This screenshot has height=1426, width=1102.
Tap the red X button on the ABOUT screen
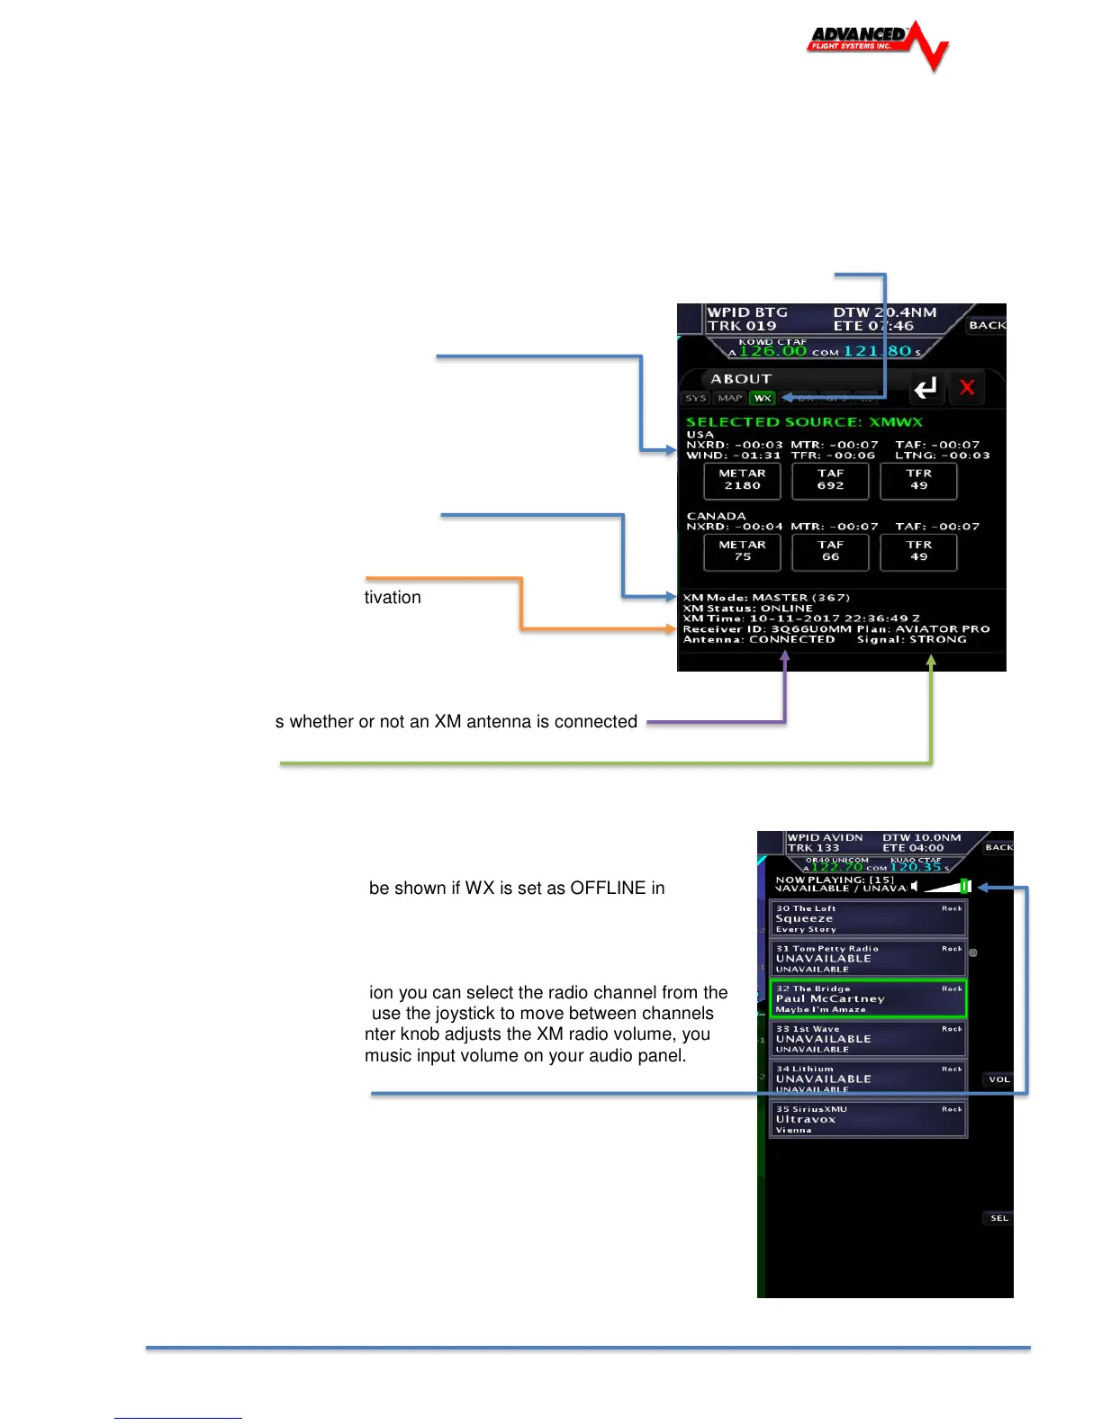967,388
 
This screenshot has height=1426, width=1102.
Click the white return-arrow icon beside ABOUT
926,388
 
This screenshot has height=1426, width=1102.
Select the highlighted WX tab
763,398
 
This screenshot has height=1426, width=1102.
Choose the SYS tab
696,398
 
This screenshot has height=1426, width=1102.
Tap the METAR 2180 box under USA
742,480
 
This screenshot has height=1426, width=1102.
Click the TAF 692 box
830,480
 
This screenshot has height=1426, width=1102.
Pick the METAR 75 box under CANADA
742,551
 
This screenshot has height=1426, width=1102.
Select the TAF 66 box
830,551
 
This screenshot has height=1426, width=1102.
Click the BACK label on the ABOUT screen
987,325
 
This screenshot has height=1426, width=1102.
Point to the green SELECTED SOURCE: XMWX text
804,421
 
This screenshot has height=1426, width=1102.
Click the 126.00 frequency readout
772,352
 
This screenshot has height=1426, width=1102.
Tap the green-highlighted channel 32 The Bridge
868,998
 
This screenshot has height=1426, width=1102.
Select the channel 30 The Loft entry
868,919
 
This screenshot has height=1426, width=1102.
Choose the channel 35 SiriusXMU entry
868,1119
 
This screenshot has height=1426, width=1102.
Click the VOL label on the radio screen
999,1079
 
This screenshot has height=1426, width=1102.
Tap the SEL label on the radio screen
999,1218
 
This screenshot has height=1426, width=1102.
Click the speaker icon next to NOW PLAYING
915,887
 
